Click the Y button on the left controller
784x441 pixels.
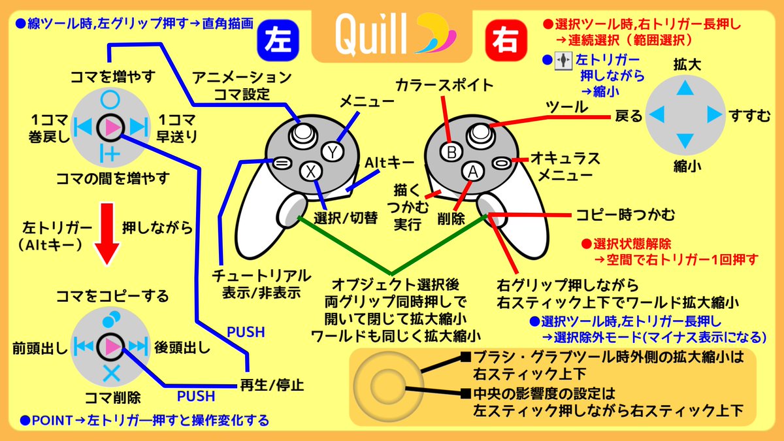(x=333, y=152)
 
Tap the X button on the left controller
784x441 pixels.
(x=312, y=172)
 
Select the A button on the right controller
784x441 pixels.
(x=472, y=171)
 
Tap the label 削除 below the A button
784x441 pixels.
(x=451, y=219)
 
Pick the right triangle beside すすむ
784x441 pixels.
(x=713, y=115)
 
